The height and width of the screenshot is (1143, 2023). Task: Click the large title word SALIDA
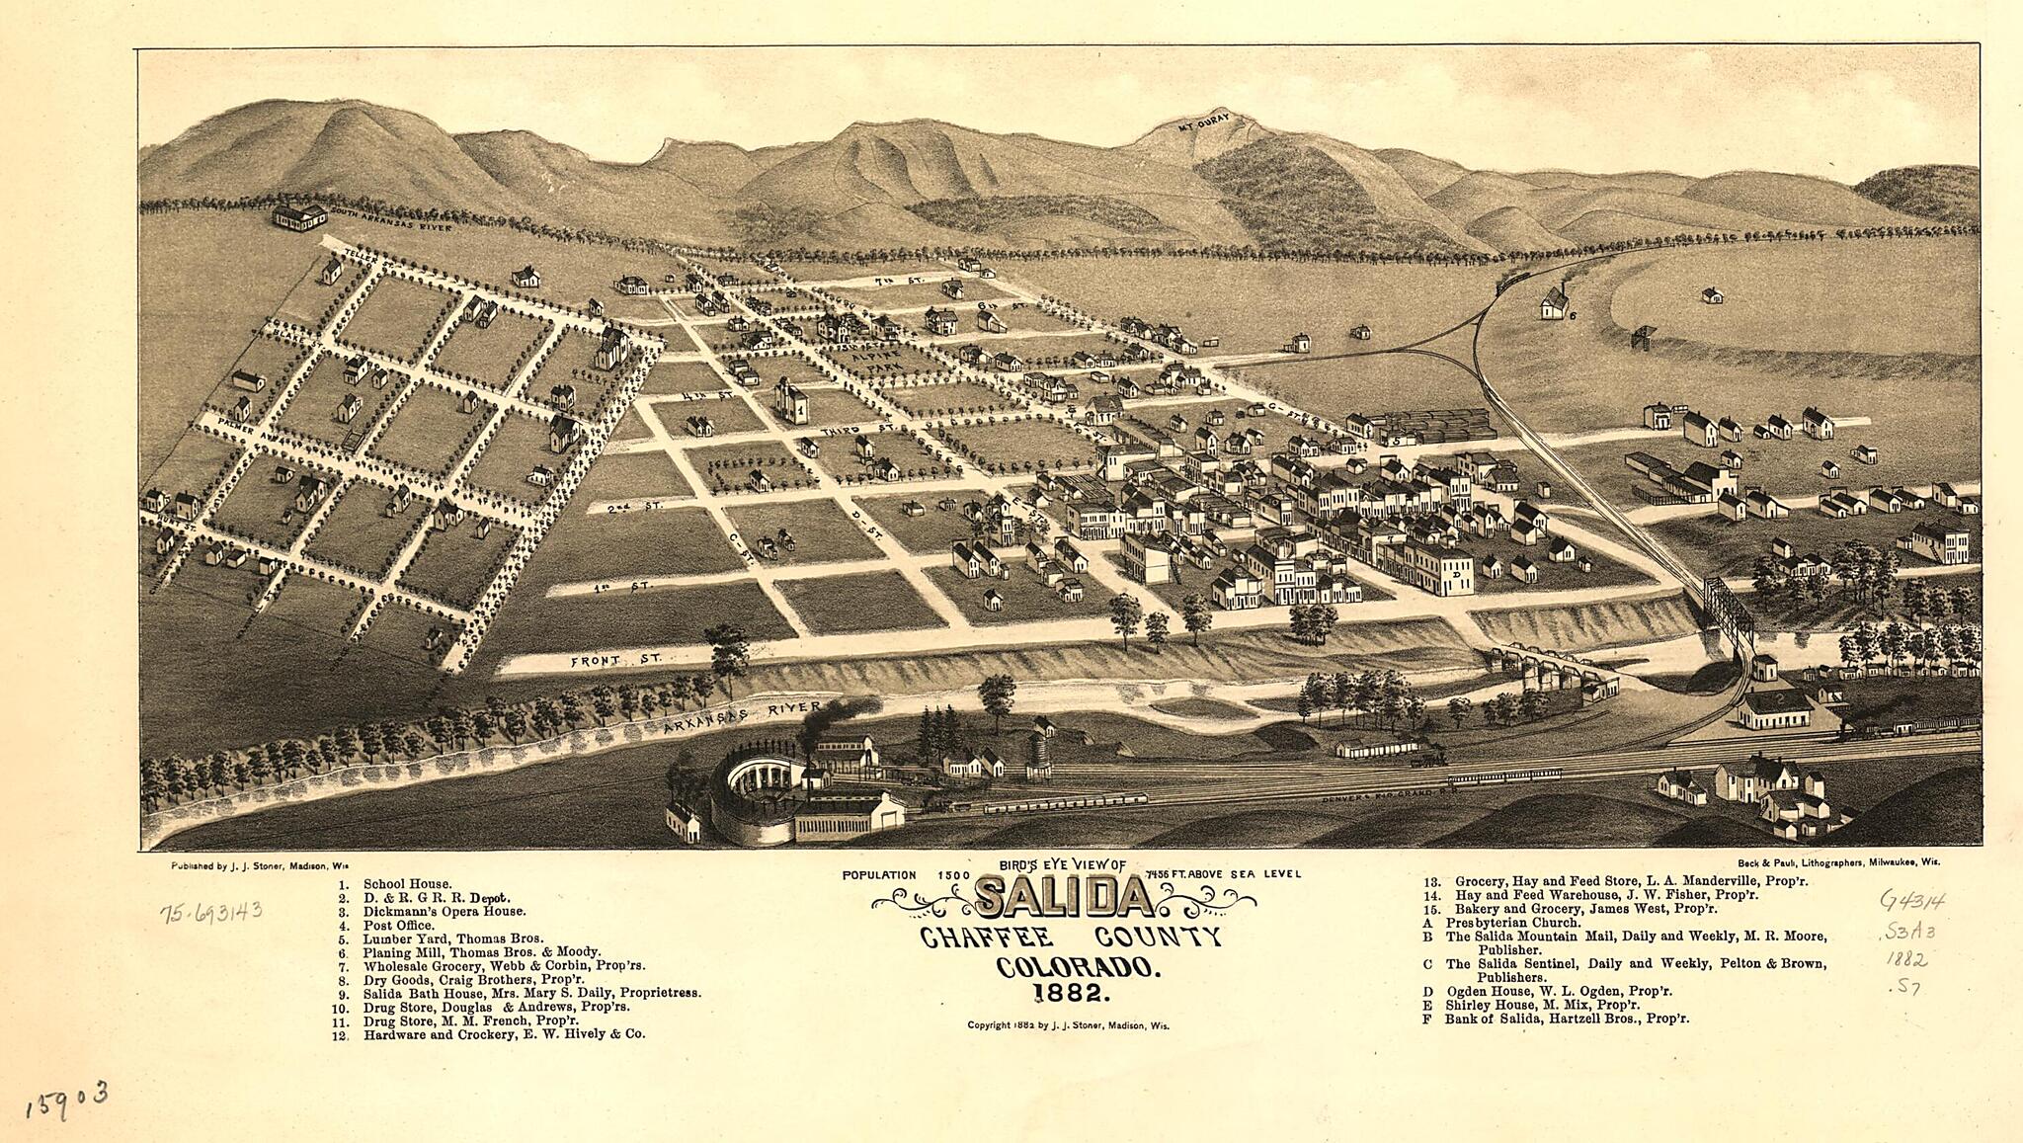click(x=1064, y=897)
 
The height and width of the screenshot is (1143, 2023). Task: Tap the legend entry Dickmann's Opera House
click(x=444, y=912)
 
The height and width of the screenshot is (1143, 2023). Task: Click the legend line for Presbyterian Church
click(x=1512, y=923)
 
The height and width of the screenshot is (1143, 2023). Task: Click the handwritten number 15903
click(x=66, y=1098)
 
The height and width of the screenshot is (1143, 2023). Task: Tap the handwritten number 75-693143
click(x=210, y=910)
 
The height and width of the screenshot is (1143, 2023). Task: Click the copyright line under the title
click(x=1068, y=1025)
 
